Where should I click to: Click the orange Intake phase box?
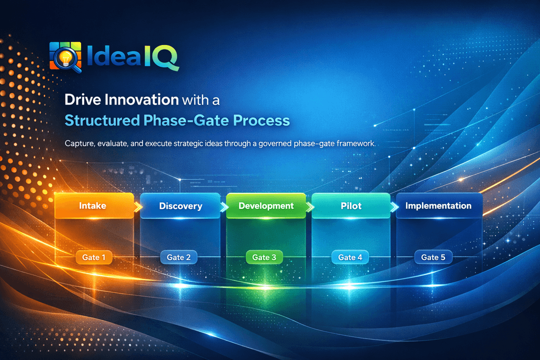pos(93,205)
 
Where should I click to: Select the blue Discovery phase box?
pos(180,205)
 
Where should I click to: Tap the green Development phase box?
pos(265,205)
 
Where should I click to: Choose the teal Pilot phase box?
pos(351,205)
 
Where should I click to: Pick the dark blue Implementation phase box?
pos(438,205)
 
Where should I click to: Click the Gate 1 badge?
pos(93,257)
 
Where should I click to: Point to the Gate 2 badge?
pos(178,257)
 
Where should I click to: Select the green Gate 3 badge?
pos(264,257)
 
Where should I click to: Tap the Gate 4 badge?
pos(349,257)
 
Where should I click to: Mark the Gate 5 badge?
pos(433,257)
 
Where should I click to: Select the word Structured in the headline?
pos(104,120)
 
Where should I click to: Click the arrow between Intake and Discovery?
pos(137,205)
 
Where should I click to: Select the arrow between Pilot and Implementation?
pos(393,205)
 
